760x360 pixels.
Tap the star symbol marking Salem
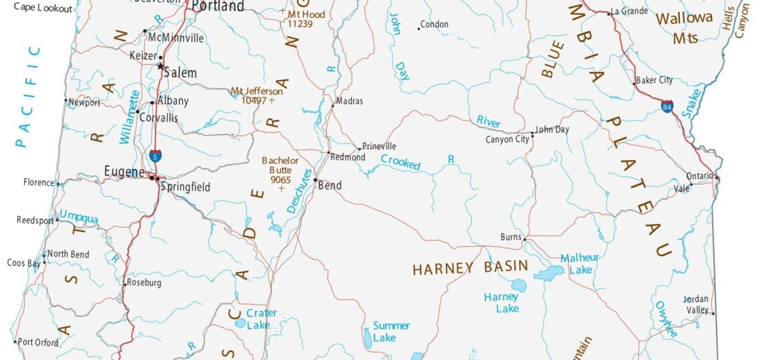tap(160, 67)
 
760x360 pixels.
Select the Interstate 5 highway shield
tap(155, 157)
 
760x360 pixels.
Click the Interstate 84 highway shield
tap(667, 106)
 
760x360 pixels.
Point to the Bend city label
tap(329, 186)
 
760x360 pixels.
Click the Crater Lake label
tap(261, 319)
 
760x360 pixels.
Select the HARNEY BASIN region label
tap(470, 269)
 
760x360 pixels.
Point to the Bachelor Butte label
tap(280, 165)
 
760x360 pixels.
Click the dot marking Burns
tap(525, 239)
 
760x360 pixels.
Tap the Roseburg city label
tap(145, 283)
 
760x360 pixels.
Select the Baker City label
tap(654, 80)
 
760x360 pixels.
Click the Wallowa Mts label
tap(685, 28)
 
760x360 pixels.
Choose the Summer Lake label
tap(391, 331)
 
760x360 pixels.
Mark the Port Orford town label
tap(38, 343)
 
